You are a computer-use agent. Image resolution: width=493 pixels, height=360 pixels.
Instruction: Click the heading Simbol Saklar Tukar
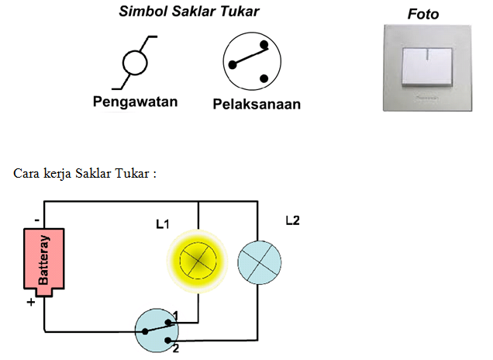tap(188, 12)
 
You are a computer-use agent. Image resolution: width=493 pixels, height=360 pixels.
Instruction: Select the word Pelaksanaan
tap(257, 103)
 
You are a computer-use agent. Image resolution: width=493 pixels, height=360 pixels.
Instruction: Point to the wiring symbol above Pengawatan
tap(135, 61)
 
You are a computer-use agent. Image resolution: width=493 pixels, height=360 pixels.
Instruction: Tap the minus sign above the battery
tap(36, 220)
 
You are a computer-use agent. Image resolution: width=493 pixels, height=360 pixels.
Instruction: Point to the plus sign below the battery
tap(32, 303)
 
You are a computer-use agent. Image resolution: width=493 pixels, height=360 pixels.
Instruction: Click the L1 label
tap(162, 225)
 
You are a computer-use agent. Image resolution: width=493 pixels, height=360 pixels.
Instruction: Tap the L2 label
tap(291, 220)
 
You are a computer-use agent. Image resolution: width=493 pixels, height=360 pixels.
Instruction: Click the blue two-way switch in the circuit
tap(157, 330)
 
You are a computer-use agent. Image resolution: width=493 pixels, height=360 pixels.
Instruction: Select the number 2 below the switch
tap(177, 348)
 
